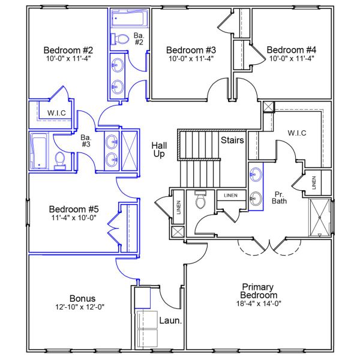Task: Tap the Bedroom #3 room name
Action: point(191,50)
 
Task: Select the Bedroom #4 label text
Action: point(291,50)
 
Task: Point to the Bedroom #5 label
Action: point(74,209)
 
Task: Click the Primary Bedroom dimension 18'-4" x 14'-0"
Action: point(259,304)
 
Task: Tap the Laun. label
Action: point(170,321)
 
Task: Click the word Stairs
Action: point(232,141)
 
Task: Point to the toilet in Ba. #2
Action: point(122,39)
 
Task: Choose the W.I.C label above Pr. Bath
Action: point(297,133)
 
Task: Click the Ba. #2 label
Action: point(138,38)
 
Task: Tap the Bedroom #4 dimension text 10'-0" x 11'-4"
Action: point(291,59)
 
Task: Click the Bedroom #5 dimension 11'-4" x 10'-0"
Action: point(74,218)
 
